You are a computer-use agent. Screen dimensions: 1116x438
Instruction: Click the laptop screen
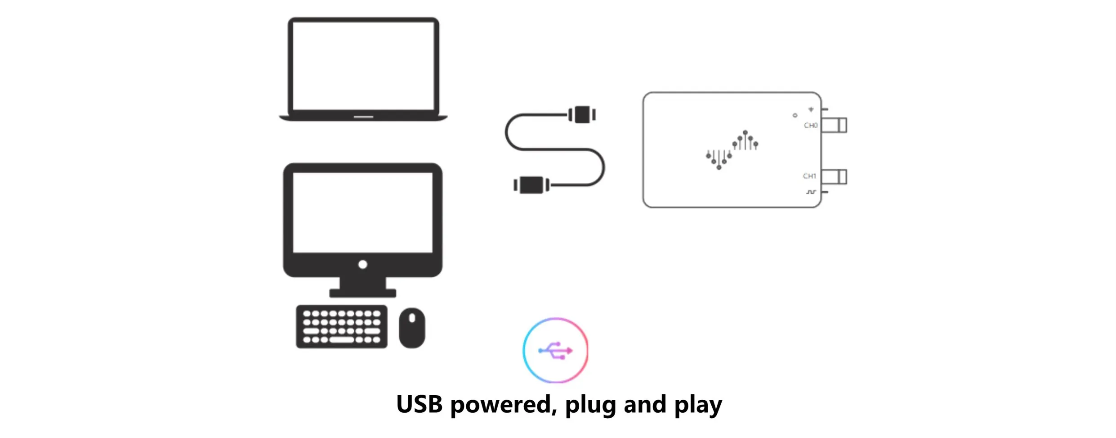tap(363, 66)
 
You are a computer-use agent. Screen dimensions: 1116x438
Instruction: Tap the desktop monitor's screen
tap(362, 212)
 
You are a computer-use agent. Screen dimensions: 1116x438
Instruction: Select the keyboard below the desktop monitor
tap(341, 327)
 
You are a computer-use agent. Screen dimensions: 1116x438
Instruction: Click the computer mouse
tap(412, 328)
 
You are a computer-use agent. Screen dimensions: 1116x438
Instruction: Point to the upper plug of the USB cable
tap(582, 115)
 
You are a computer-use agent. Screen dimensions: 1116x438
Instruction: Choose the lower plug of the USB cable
tap(531, 185)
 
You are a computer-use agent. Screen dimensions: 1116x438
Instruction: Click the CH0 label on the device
tap(810, 126)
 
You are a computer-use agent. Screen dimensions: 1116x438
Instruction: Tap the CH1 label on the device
tap(809, 176)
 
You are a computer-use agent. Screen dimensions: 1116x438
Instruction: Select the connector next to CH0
tap(835, 125)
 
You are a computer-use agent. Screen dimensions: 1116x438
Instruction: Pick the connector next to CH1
tap(835, 176)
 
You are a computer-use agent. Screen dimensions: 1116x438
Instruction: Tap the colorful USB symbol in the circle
tap(556, 350)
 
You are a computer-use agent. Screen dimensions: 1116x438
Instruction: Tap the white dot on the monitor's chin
tap(362, 265)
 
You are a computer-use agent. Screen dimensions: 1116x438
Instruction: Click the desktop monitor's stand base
tap(362, 294)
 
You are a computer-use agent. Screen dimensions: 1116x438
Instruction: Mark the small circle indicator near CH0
tap(795, 116)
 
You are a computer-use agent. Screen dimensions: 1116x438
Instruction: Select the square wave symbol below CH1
tap(810, 192)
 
